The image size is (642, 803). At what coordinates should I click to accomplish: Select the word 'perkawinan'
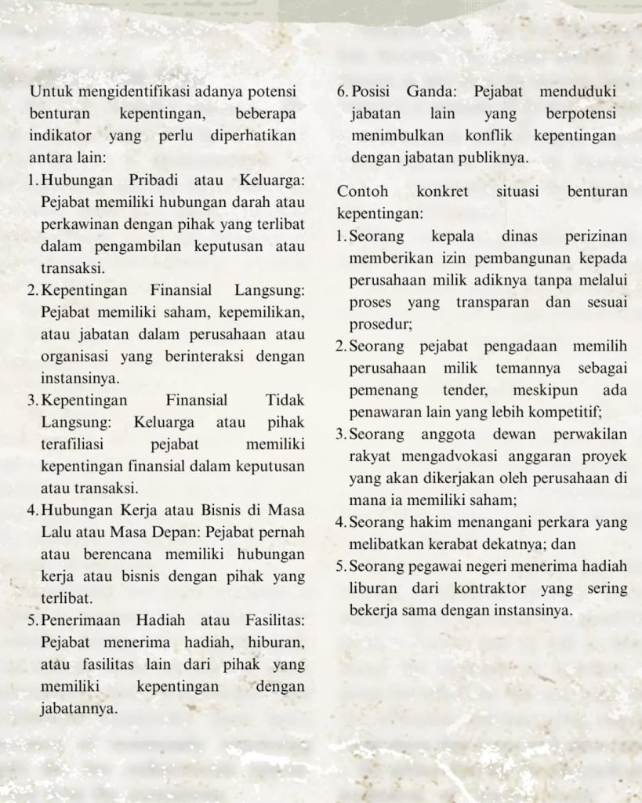pyautogui.click(x=76, y=224)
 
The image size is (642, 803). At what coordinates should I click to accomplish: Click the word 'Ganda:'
pyautogui.click(x=431, y=91)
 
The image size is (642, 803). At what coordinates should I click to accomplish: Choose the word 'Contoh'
pyautogui.click(x=360, y=192)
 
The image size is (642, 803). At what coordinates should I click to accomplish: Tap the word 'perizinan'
pyautogui.click(x=596, y=236)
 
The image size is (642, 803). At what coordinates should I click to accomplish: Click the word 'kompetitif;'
pyautogui.click(x=567, y=412)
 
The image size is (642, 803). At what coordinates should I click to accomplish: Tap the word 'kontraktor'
pyautogui.click(x=472, y=588)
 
